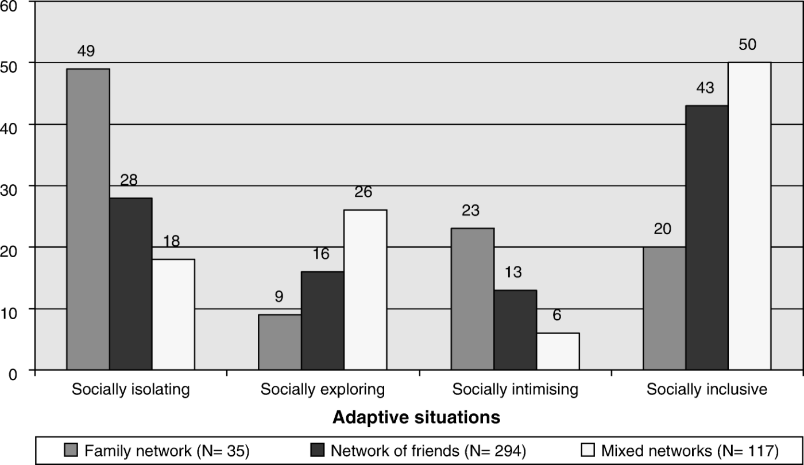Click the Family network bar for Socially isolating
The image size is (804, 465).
point(88,219)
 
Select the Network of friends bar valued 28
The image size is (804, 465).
point(131,284)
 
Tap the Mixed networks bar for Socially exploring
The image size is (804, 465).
point(365,290)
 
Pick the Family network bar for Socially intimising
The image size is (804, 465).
point(473,299)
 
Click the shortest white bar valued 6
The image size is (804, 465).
point(558,351)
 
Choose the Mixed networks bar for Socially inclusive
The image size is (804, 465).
point(749,216)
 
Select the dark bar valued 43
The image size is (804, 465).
point(707,238)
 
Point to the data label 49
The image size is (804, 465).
point(86,51)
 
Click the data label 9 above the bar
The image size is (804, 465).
point(279,296)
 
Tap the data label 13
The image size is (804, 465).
point(513,272)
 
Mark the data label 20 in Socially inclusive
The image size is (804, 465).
point(662,228)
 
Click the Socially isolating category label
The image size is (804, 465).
point(131,389)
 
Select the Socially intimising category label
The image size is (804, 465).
point(515,389)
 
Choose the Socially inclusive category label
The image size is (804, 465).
point(707,389)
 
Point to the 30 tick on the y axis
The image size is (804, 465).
point(9,190)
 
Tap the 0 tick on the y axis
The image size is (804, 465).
point(13,374)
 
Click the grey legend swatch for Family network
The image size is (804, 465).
point(71,450)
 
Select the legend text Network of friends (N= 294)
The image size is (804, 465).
point(428,451)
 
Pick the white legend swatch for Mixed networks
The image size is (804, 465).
point(587,450)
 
